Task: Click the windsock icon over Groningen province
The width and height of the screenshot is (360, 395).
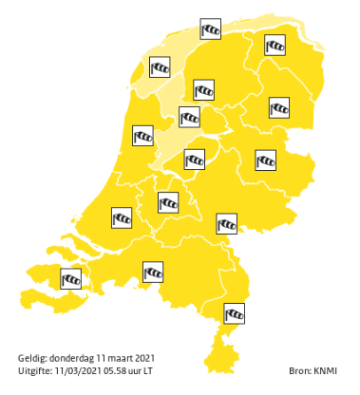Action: [275, 45]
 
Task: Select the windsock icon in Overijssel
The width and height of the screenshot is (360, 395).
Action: [266, 160]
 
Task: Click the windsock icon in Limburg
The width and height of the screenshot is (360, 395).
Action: [234, 312]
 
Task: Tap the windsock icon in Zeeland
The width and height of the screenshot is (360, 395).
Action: [71, 278]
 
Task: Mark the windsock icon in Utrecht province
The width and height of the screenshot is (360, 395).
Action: [168, 201]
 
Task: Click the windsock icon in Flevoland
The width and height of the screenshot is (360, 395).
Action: [195, 160]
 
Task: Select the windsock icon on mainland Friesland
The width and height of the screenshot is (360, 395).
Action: [204, 90]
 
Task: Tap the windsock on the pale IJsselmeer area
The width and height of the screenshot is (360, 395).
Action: [190, 117]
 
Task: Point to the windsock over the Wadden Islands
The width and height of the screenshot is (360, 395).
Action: [211, 29]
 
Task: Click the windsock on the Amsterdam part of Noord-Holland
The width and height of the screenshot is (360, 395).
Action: [143, 137]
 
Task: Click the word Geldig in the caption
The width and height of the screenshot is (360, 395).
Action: [31, 357]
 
